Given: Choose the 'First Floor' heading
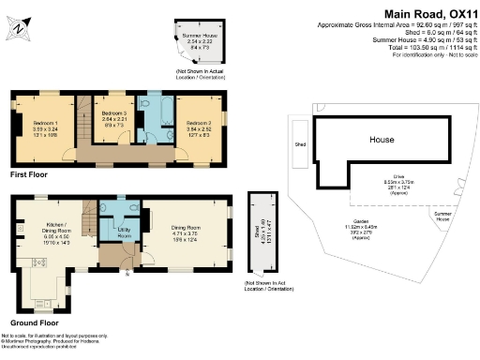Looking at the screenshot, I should (x=33, y=174).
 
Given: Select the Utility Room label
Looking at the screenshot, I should (x=122, y=231).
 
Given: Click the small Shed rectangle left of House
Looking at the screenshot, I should (x=300, y=144).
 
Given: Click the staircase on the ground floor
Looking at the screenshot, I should (x=89, y=220).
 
